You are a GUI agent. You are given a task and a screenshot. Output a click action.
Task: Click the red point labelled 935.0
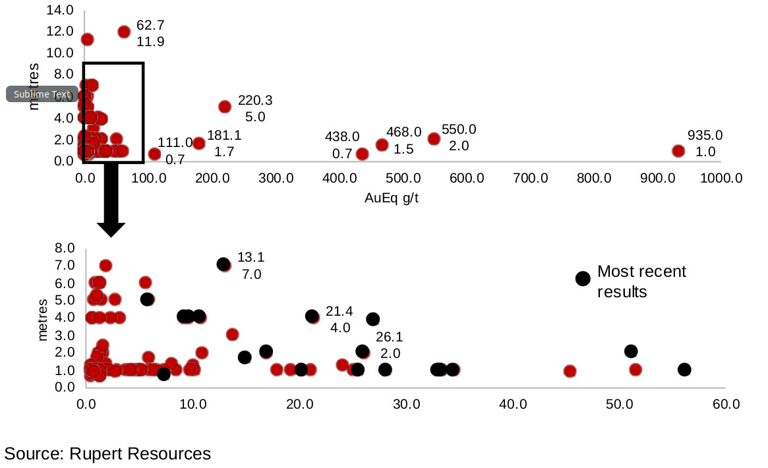point(678,150)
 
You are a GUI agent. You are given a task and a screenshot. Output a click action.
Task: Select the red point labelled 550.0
point(434,138)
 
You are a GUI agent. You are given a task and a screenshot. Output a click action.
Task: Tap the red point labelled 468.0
point(382,144)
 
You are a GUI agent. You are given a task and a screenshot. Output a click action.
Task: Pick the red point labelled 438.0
point(362,154)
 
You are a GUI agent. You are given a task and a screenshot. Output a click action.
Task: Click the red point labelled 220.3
point(225,106)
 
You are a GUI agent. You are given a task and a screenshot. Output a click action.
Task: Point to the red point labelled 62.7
point(124,32)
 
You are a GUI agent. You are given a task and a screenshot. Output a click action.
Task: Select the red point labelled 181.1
point(199,143)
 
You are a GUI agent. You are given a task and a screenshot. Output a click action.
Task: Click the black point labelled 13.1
point(223,264)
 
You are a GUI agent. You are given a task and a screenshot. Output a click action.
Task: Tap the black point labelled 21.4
point(312,316)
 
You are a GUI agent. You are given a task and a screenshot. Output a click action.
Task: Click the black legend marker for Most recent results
point(582,278)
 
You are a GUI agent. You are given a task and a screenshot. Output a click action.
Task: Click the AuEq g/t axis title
point(392,198)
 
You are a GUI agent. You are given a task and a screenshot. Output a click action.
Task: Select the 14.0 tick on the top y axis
point(61,10)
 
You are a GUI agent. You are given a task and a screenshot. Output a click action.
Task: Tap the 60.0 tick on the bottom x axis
point(726,403)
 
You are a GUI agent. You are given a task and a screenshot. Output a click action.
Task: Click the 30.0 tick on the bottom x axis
point(405,403)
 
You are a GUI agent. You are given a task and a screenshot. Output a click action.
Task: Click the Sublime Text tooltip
point(42,94)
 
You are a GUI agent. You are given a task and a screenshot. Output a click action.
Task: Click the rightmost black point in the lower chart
point(684,369)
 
